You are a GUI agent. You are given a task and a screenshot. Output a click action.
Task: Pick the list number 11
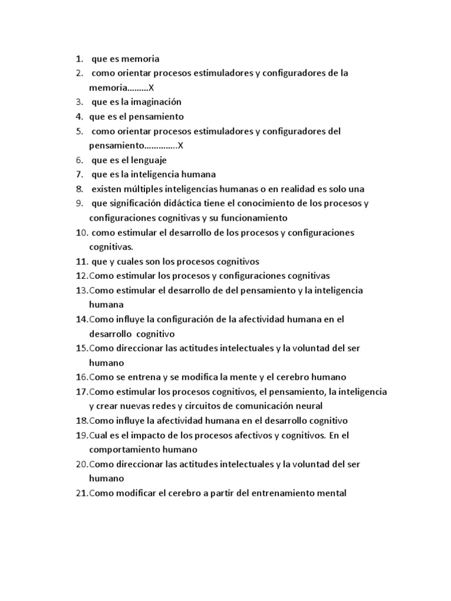pyautogui.click(x=81, y=261)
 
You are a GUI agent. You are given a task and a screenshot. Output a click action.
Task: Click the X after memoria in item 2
pyautogui.click(x=151, y=87)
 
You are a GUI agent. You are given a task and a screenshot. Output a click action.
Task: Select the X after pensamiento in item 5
pyautogui.click(x=180, y=146)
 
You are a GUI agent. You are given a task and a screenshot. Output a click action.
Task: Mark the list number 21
pyautogui.click(x=81, y=493)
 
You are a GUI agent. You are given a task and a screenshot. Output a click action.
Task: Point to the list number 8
pyautogui.click(x=79, y=189)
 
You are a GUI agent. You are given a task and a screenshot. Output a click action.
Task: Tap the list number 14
pyautogui.click(x=81, y=319)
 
